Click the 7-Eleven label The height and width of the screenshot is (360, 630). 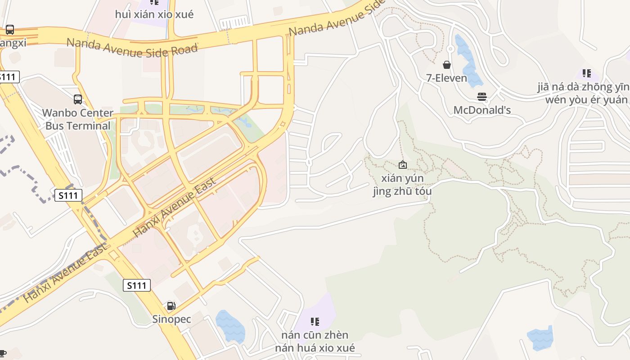[x=447, y=78]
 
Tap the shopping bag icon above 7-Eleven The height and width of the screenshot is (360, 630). [x=447, y=65]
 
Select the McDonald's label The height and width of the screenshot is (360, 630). [x=482, y=110]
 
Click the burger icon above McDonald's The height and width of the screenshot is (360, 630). [x=482, y=97]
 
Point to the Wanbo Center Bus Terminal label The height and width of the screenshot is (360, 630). [x=77, y=119]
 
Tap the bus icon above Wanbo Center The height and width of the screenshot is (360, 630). [x=78, y=99]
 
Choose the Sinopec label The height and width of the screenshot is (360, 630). [x=171, y=319]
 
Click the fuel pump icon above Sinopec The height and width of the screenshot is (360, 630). [x=171, y=306]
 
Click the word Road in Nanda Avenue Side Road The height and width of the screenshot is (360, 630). [x=183, y=49]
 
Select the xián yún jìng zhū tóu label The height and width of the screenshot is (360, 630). [x=402, y=184]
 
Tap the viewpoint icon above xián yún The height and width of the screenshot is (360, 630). [x=403, y=165]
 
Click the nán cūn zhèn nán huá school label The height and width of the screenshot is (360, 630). [x=315, y=341]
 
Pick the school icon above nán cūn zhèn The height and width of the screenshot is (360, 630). [x=315, y=321]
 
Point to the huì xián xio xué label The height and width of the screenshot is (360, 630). [x=154, y=14]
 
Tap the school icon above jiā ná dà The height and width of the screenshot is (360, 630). [x=586, y=73]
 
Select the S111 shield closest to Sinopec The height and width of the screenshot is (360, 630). [x=136, y=285]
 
